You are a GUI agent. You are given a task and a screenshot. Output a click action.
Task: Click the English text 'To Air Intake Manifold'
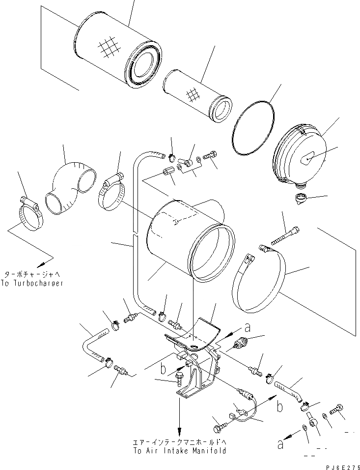pyautogui.click(x=180, y=450)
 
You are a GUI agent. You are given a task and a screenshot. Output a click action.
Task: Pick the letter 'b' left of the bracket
pyautogui.click(x=161, y=368)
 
